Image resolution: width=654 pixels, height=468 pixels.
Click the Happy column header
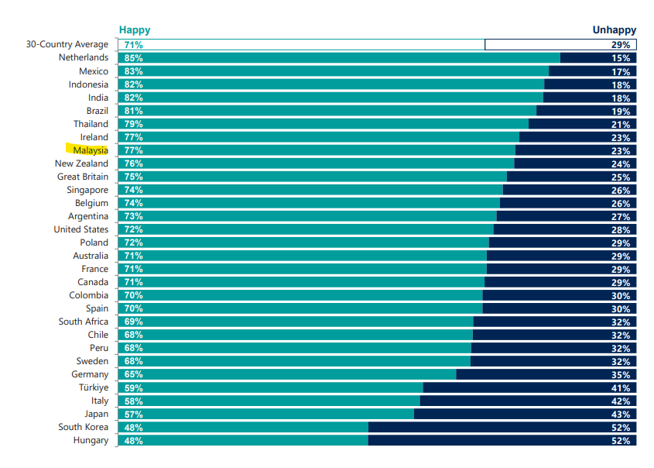point(135,30)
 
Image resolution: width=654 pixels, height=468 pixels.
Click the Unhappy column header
point(614,30)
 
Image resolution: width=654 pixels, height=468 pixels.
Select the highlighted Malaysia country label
point(90,150)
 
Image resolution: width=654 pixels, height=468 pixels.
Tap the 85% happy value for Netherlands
point(133,58)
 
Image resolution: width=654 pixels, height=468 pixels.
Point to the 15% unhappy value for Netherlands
point(621,58)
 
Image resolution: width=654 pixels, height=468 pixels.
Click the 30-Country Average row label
point(67,44)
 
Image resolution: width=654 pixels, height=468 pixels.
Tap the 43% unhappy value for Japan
point(621,415)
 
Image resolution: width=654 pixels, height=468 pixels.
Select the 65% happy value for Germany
point(133,374)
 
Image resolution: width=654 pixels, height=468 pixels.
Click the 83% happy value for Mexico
point(133,71)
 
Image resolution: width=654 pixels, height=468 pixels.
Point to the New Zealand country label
point(81,163)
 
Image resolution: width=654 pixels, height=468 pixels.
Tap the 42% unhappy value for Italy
point(621,401)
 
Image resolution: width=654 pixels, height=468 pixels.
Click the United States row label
point(81,229)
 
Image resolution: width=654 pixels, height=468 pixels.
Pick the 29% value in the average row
point(621,45)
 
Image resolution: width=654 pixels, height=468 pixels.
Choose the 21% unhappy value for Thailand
point(621,124)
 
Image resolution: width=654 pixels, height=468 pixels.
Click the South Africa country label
point(84,322)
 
